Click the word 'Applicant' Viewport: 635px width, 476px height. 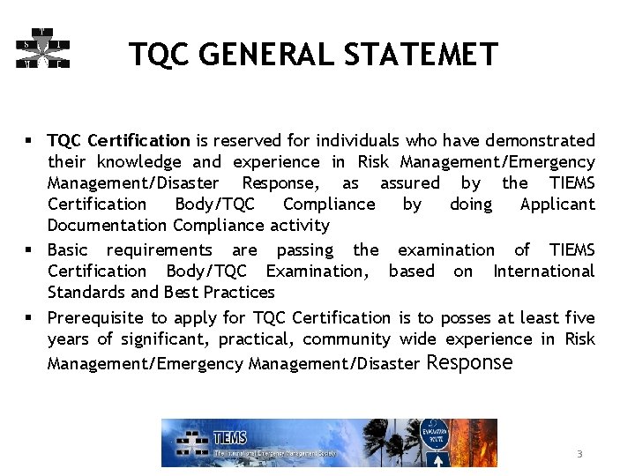[x=557, y=205]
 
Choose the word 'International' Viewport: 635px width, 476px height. [x=543, y=271]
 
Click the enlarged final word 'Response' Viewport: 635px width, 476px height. [x=469, y=361]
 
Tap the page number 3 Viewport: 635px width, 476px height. [x=579, y=454]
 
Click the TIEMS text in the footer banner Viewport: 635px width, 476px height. [x=231, y=436]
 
